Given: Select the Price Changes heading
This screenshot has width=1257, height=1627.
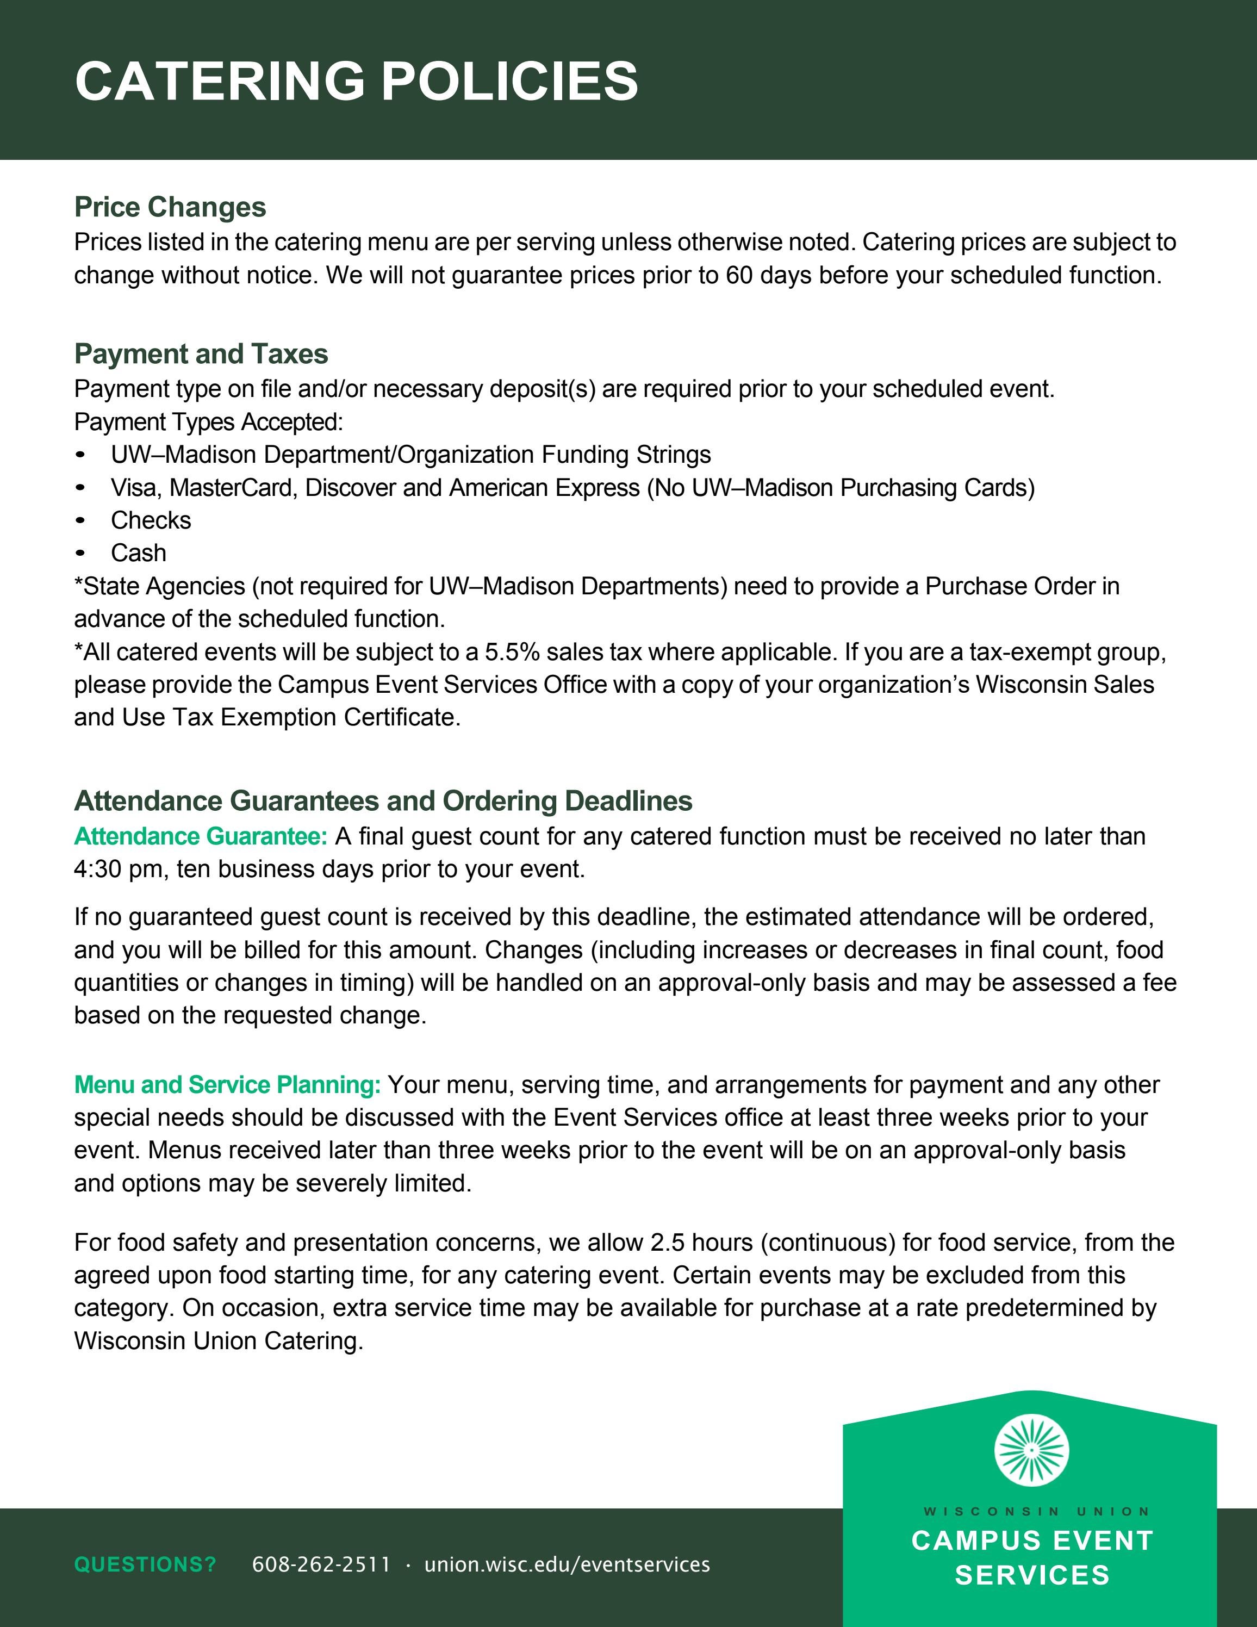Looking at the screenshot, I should [170, 207].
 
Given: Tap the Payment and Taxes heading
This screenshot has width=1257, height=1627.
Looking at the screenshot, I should [201, 354].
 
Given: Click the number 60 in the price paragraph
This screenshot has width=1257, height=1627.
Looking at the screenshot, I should [739, 276].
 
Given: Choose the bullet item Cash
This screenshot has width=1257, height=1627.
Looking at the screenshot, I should [139, 553].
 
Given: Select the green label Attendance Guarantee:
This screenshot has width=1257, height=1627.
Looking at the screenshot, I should [200, 836].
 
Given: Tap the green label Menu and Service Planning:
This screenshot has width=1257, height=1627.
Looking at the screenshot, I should [227, 1085].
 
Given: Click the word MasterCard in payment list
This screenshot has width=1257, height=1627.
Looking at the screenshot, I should [231, 487].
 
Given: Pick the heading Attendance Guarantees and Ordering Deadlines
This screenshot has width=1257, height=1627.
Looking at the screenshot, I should [383, 801].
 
